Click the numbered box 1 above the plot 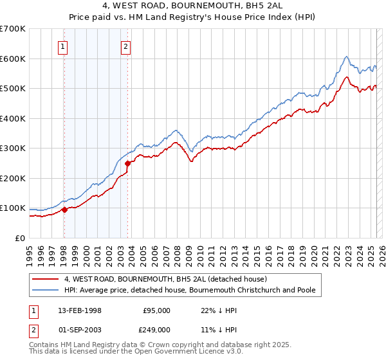point(63,46)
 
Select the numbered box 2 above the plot point(125,46)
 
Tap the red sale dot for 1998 point(64,210)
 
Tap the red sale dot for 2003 point(127,163)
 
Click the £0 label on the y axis point(21,238)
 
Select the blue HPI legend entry point(189,290)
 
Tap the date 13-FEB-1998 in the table point(80,310)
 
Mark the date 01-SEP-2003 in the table point(80,329)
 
